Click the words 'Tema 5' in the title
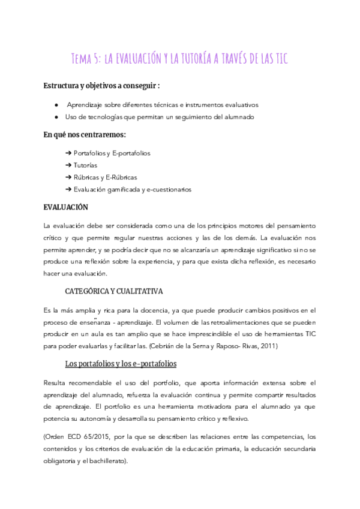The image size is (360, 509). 85,58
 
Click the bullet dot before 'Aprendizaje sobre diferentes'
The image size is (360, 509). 56,105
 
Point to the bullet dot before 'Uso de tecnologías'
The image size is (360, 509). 56,117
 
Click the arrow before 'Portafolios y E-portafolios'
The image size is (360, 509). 68,153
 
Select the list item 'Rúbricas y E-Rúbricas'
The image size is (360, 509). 105,177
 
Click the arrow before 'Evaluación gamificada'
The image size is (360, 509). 68,189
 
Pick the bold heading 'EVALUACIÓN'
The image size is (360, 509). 66,207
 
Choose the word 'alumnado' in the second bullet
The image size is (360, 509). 241,117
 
